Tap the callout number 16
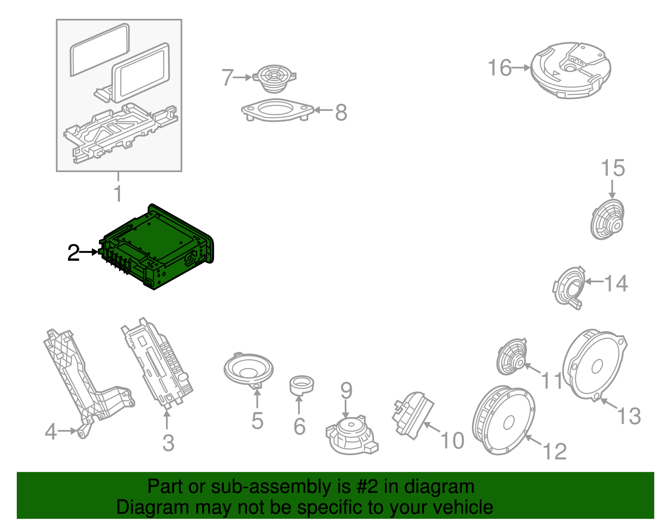pyautogui.click(x=500, y=68)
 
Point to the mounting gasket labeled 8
pyautogui.click(x=277, y=110)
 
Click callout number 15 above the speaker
pyautogui.click(x=613, y=168)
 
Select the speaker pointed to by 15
pyautogui.click(x=608, y=219)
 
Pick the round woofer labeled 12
pyautogui.click(x=504, y=420)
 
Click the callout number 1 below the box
pyautogui.click(x=118, y=194)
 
